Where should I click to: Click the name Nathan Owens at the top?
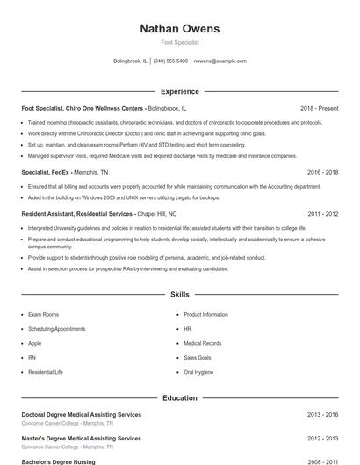(x=180, y=29)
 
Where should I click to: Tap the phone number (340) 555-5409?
(x=170, y=61)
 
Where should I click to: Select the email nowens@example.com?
(x=220, y=61)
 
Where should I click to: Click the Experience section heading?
(x=180, y=91)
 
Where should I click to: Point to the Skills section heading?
(x=180, y=296)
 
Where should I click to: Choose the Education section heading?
(x=180, y=398)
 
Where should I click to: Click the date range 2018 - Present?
(x=319, y=108)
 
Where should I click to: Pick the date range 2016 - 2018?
(x=322, y=173)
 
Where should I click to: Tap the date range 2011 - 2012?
(x=322, y=214)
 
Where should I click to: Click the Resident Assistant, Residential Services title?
(x=77, y=214)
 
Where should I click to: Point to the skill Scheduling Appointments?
(x=57, y=329)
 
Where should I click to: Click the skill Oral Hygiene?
(x=198, y=372)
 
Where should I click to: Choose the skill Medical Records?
(x=203, y=343)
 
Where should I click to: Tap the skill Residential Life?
(x=46, y=372)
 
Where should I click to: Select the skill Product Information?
(x=205, y=314)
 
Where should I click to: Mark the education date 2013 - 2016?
(x=322, y=414)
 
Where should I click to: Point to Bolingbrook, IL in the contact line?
(x=131, y=61)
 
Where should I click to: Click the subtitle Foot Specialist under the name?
(x=180, y=42)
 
